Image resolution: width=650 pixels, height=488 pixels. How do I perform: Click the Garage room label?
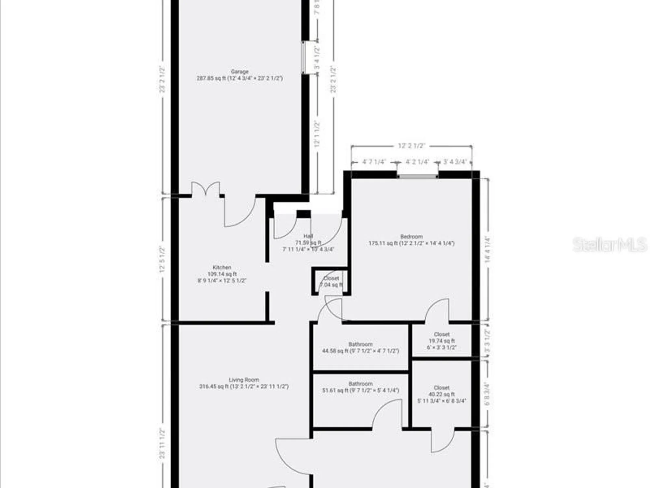tap(240, 72)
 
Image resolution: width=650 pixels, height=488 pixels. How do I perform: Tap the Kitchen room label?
tap(222, 267)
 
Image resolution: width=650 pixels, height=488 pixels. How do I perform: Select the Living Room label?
tap(244, 380)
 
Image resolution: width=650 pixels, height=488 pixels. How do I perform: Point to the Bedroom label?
tap(411, 237)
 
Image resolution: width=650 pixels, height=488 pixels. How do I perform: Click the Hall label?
tap(308, 236)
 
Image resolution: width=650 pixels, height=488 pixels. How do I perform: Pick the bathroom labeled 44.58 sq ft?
tap(360, 347)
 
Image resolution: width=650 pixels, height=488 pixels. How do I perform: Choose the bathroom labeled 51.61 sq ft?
tap(360, 387)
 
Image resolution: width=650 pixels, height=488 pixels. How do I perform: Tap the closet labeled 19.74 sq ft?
tap(442, 341)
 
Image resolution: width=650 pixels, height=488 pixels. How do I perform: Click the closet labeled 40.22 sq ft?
tap(442, 394)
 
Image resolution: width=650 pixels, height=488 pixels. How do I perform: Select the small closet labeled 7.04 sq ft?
tap(331, 281)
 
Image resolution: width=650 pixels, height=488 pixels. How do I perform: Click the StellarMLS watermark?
tap(610, 245)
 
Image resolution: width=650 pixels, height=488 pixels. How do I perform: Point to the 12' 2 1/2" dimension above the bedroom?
tap(411, 146)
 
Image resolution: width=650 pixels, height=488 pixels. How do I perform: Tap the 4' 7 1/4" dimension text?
tap(374, 162)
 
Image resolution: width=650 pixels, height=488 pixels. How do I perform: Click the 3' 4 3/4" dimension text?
tap(455, 162)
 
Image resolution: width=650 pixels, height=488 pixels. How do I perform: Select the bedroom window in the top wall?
tap(418, 176)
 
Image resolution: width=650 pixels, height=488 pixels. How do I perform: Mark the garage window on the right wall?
tap(303, 58)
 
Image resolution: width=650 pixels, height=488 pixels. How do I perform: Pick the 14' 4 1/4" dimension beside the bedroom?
tap(487, 249)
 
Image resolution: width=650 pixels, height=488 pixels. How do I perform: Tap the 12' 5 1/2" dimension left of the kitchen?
tap(162, 259)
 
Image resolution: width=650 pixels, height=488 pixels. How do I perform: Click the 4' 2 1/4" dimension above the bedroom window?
tap(418, 162)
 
